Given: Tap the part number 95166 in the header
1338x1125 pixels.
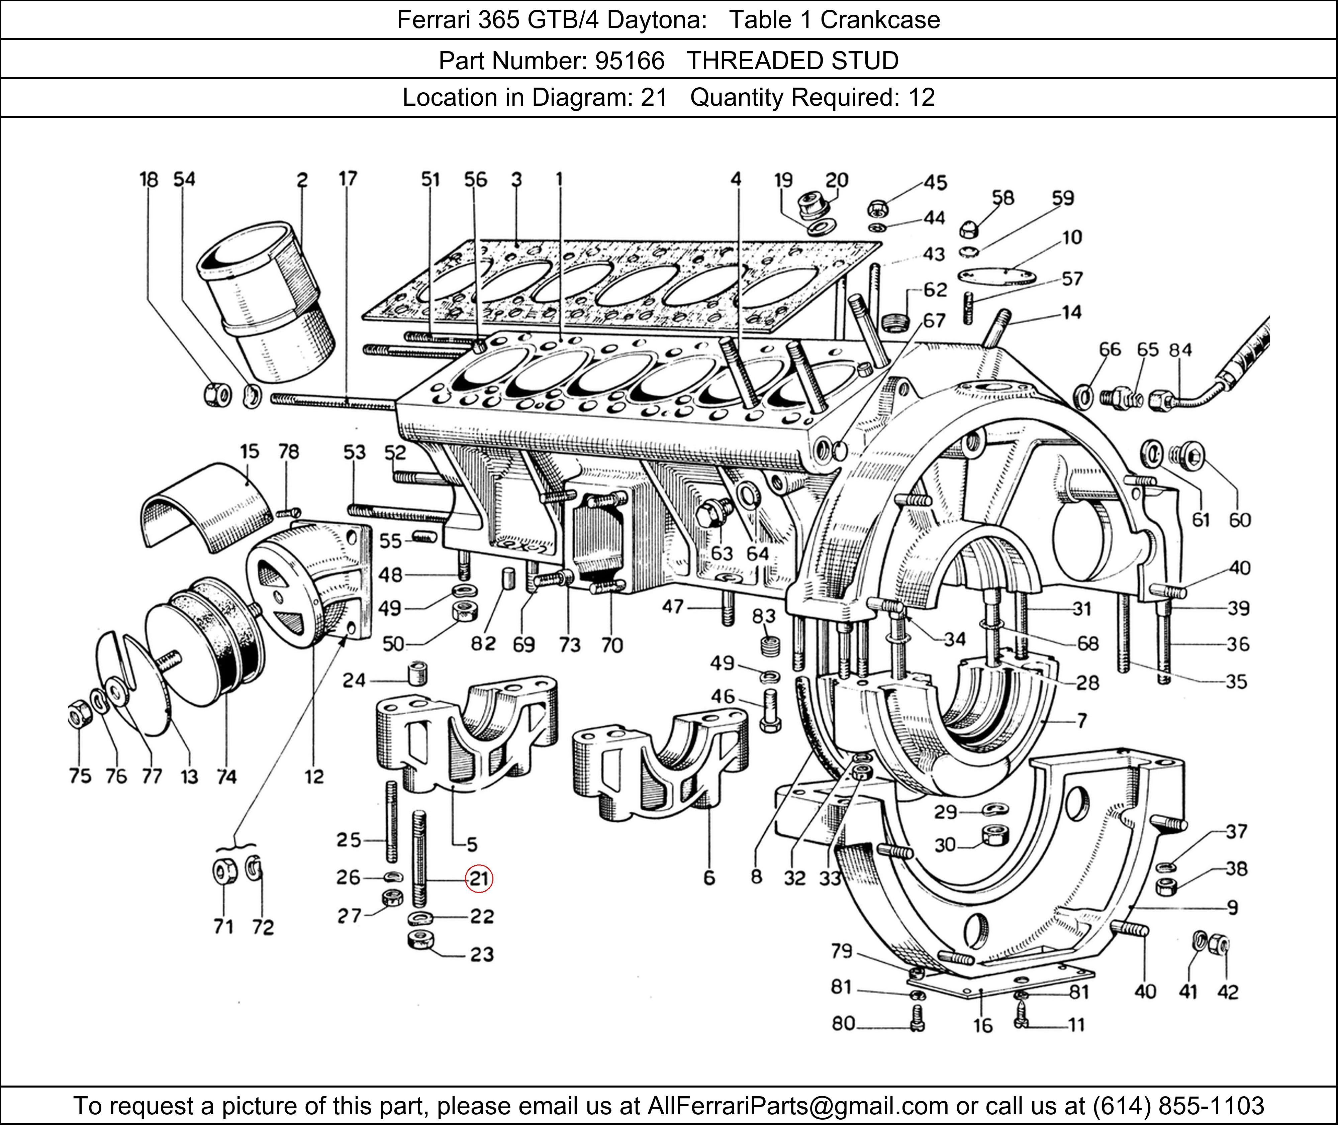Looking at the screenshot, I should point(630,61).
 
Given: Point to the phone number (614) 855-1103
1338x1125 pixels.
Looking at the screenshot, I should point(1177,1105).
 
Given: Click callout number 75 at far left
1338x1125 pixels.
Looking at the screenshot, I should point(80,776).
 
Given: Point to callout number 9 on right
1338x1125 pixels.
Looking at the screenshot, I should point(1232,907).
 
